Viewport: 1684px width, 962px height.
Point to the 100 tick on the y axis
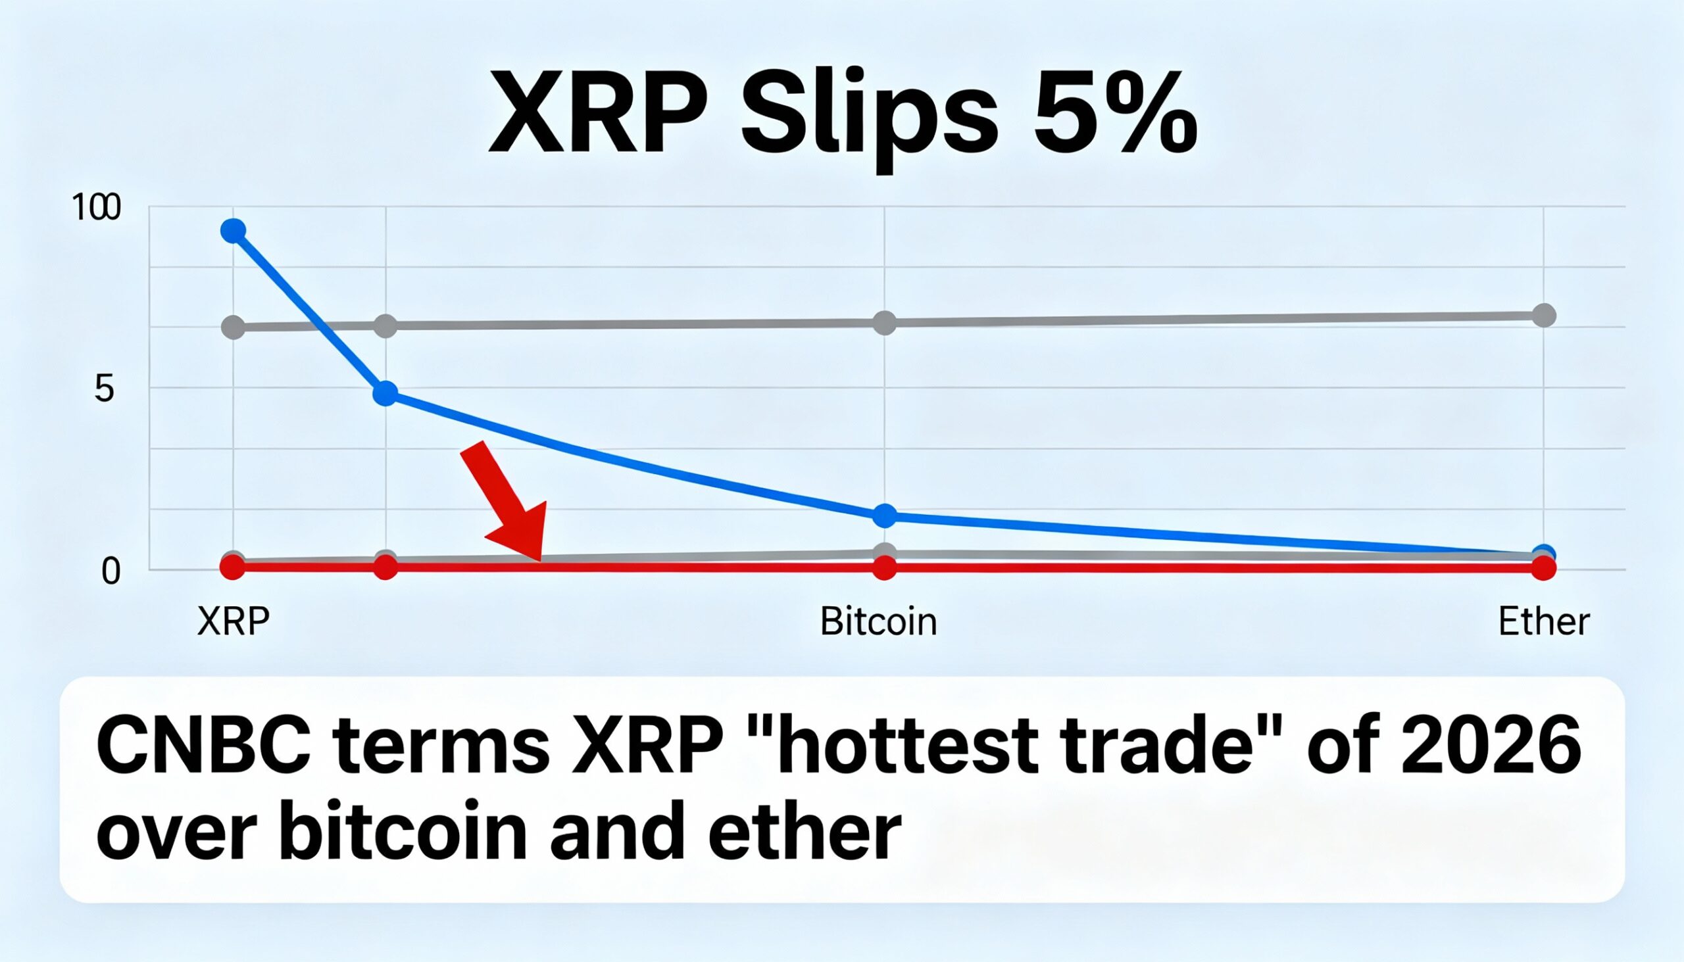(x=97, y=208)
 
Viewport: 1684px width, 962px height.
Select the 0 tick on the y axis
(x=111, y=571)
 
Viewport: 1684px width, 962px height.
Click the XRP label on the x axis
(x=234, y=622)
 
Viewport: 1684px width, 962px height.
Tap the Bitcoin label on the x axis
(x=878, y=622)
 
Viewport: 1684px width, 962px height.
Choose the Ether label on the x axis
(x=1543, y=622)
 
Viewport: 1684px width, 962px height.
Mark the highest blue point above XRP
(x=234, y=231)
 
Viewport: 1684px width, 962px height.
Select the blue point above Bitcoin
(x=884, y=516)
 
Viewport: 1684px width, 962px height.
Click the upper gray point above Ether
(x=1543, y=315)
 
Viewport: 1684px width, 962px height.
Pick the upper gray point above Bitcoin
(x=884, y=323)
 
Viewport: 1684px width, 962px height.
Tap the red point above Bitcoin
(x=884, y=567)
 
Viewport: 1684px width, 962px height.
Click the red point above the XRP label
(x=233, y=567)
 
